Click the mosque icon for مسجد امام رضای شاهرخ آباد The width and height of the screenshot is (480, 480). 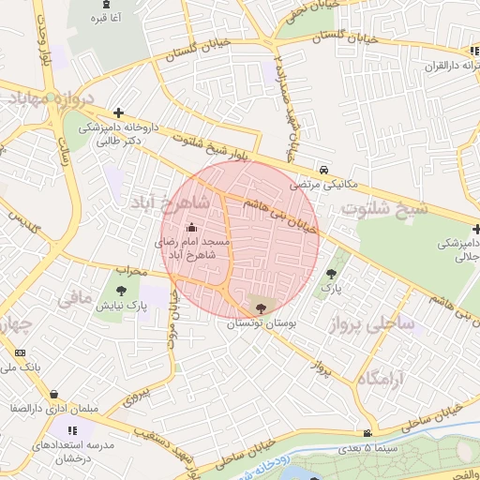click(193, 226)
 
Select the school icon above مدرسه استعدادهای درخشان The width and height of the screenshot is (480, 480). click(72, 429)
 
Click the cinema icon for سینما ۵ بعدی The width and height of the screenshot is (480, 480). click(367, 433)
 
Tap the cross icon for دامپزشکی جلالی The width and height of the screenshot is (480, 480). click(475, 229)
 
